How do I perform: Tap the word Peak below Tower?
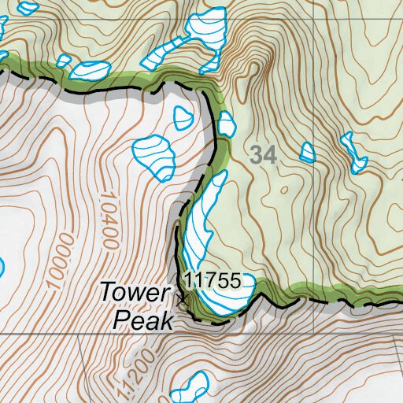(142, 319)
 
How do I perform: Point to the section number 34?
(264, 155)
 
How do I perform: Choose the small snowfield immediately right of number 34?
(307, 152)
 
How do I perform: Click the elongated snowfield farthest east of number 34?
(353, 153)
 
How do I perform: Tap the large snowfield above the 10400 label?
(154, 155)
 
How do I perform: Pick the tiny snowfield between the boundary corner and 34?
(227, 123)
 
